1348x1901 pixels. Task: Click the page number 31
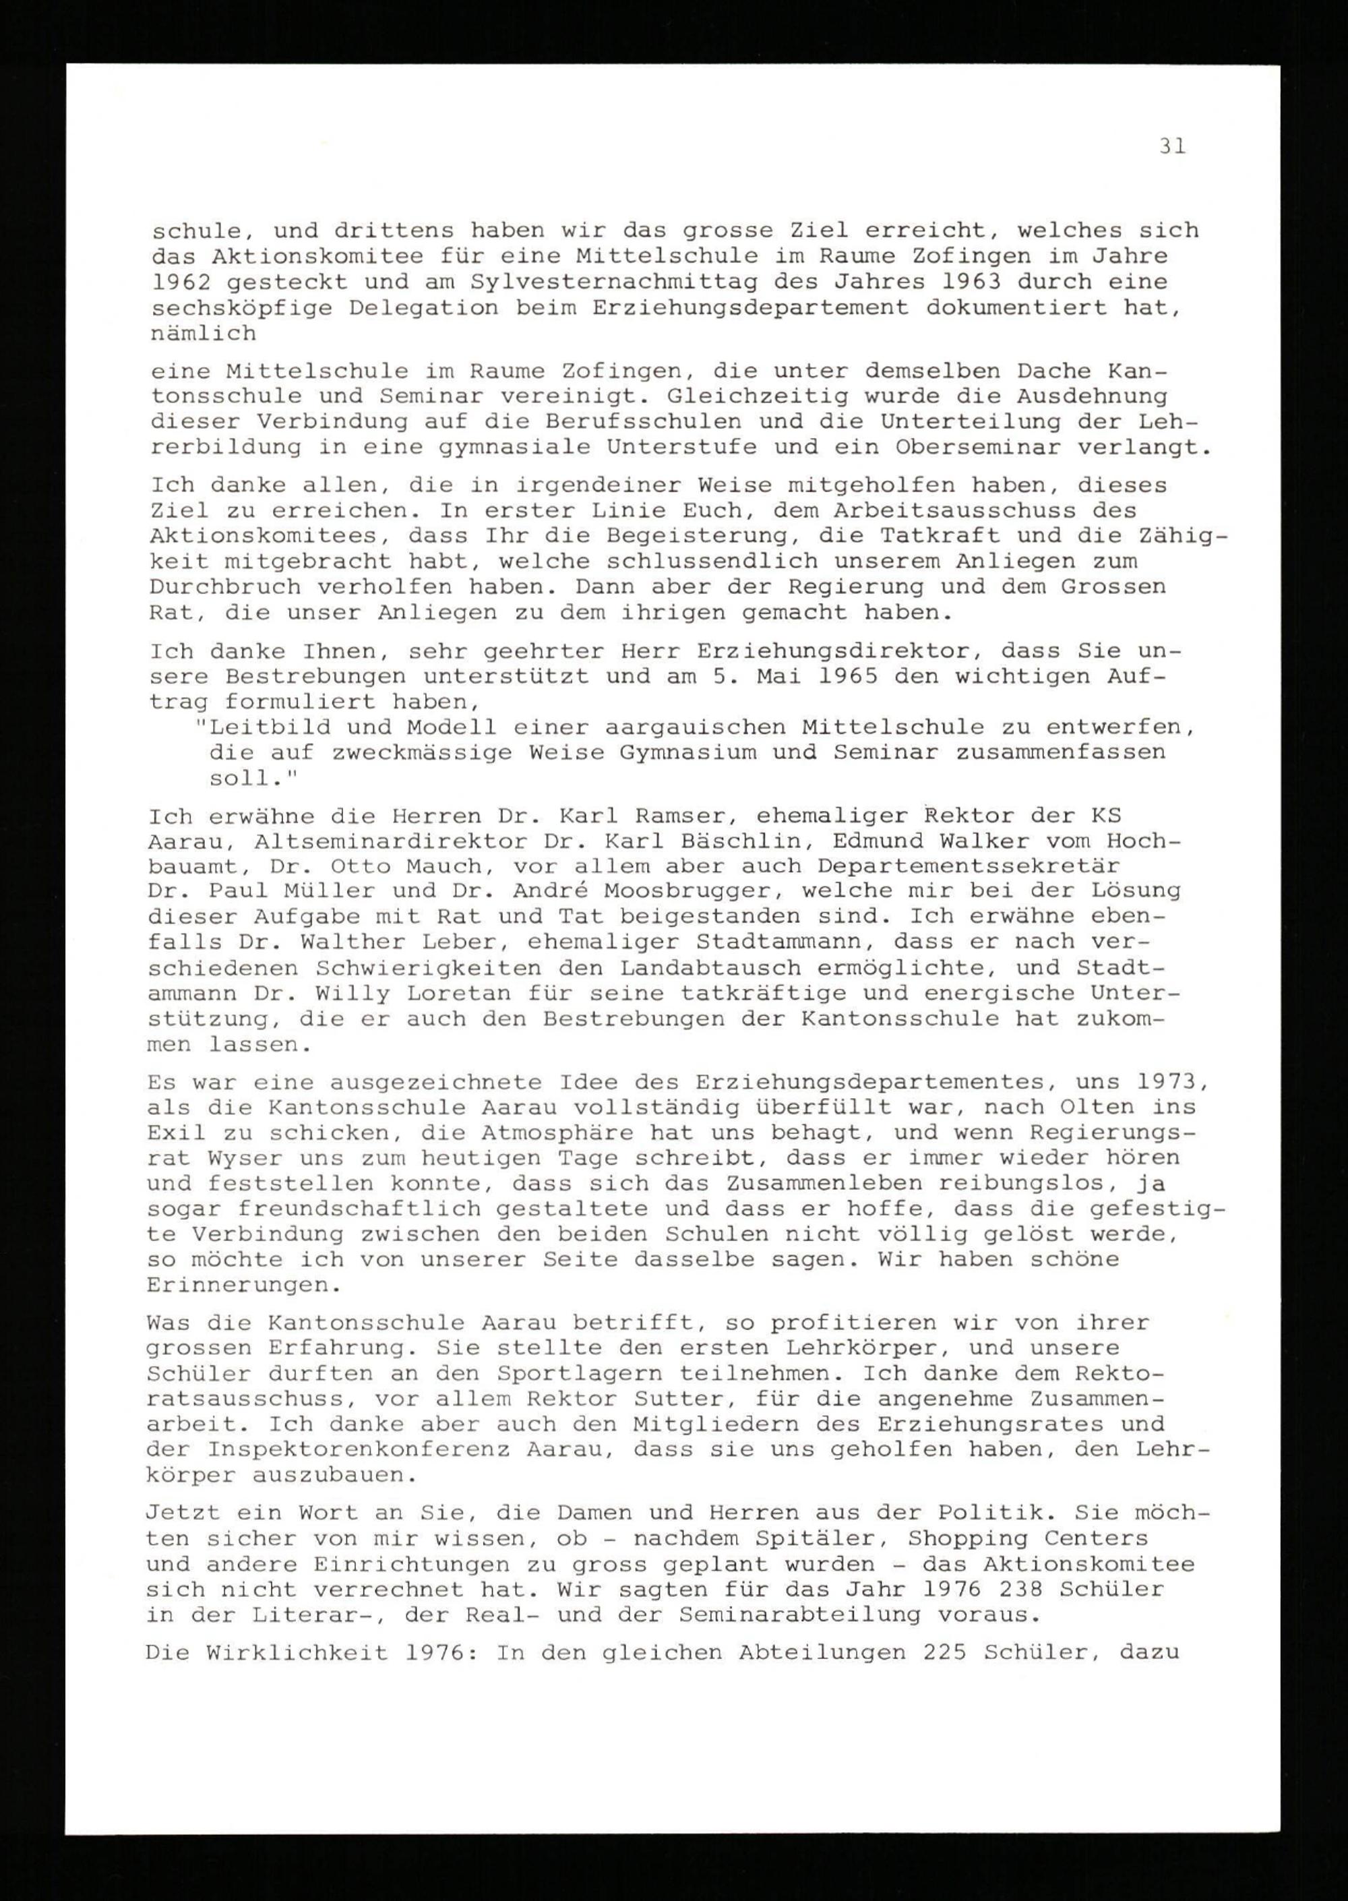[x=1173, y=146]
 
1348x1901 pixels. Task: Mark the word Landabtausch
[x=710, y=968]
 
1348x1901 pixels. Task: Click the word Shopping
[x=969, y=1538]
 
